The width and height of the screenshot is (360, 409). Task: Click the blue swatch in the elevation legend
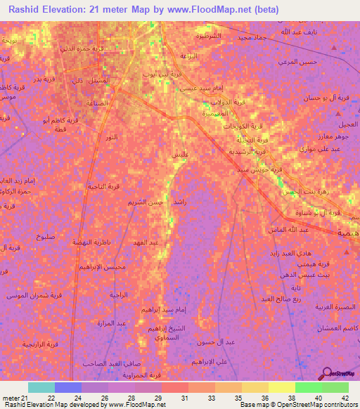pyautogui.click(x=68, y=387)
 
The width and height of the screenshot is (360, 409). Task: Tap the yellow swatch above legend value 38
pyautogui.click(x=281, y=387)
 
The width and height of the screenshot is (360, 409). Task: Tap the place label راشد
pyautogui.click(x=179, y=201)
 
